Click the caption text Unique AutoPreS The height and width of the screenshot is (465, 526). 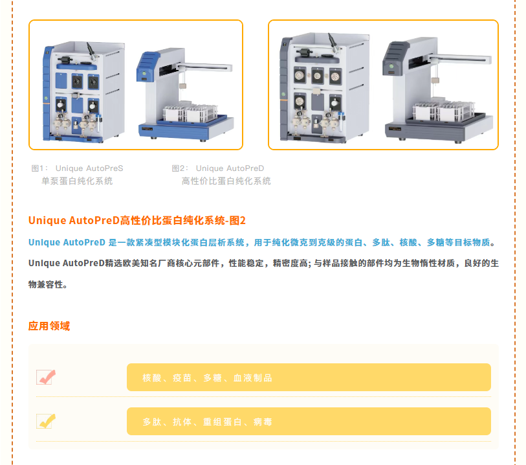89,168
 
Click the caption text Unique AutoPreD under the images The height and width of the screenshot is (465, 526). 230,168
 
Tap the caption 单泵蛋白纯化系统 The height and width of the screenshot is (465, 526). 77,181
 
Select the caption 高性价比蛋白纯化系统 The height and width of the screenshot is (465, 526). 226,181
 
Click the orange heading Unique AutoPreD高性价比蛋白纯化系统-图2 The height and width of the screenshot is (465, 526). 137,220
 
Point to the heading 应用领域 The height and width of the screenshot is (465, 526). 49,326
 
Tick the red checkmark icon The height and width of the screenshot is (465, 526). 46,377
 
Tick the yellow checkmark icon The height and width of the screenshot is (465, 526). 46,421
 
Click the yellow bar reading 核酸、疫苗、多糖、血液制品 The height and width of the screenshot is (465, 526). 309,378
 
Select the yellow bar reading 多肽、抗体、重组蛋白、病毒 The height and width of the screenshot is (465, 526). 309,422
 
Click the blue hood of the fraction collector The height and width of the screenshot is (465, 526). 148,67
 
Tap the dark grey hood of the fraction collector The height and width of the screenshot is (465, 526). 395,58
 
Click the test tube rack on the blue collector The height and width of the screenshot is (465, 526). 190,113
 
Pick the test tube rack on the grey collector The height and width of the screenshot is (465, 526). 444,110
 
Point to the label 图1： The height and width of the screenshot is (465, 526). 39,168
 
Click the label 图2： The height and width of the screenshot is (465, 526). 180,168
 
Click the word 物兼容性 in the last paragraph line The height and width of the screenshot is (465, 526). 46,285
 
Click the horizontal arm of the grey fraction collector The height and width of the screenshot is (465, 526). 460,59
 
